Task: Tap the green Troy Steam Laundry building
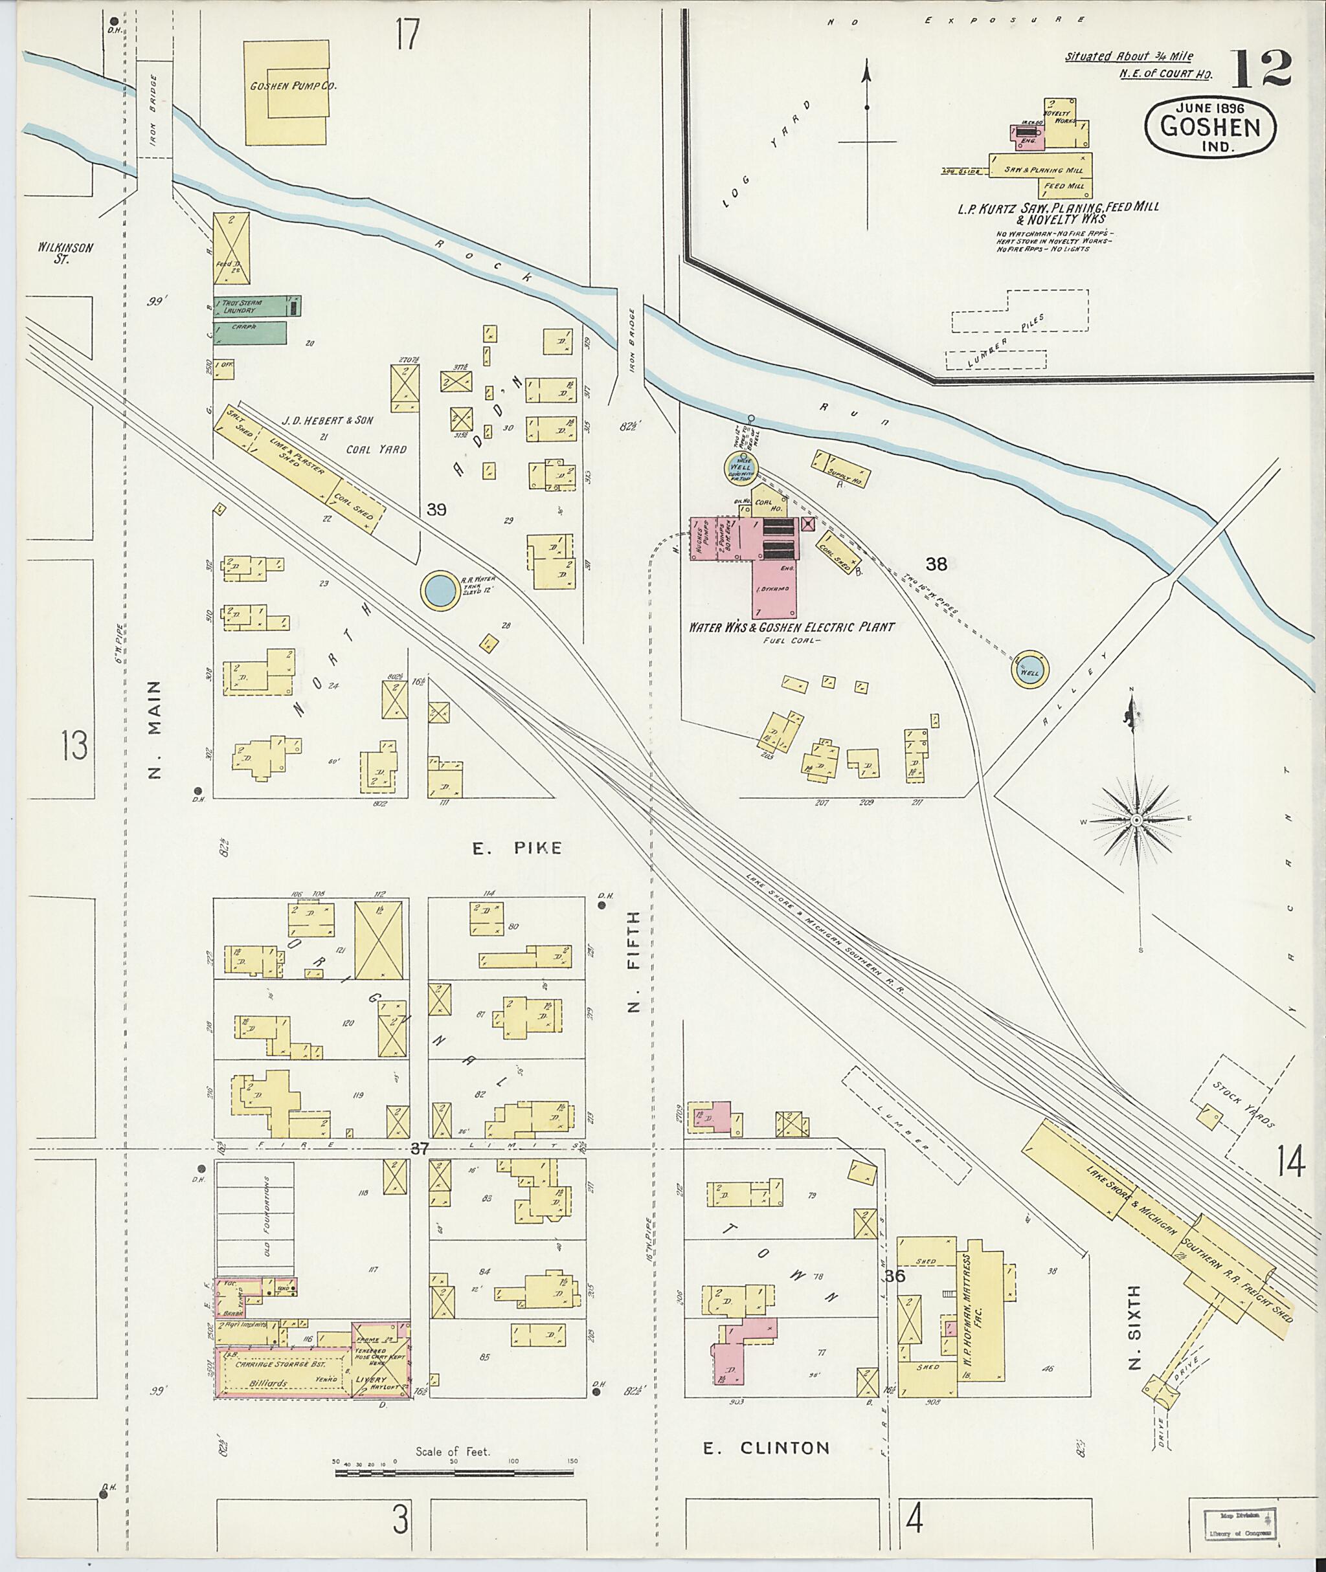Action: pos(252,306)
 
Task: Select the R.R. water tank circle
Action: pos(439,592)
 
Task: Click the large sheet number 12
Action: pos(1261,70)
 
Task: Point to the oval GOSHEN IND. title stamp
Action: pos(1210,127)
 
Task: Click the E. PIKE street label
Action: pos(517,848)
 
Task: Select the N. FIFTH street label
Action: pos(634,962)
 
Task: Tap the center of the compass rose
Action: pos(1136,819)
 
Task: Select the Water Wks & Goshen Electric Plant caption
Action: pos(792,626)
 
